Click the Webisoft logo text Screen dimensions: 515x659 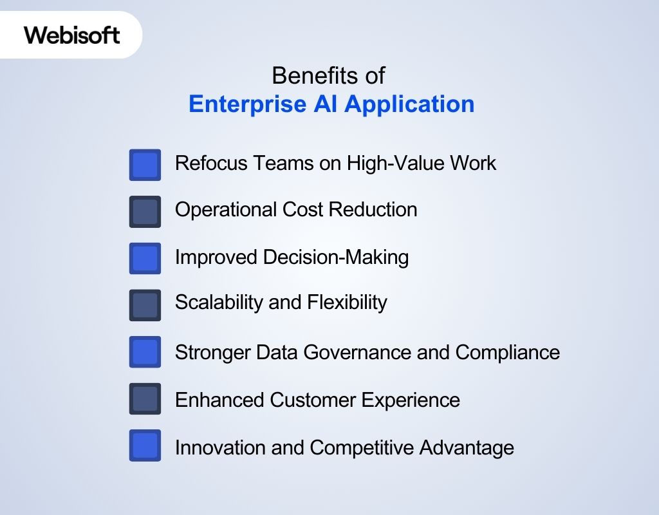[x=72, y=35]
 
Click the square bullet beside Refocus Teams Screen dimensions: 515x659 [x=145, y=165]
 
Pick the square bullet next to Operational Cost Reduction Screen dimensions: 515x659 [x=145, y=212]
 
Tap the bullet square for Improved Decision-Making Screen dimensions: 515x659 [x=145, y=258]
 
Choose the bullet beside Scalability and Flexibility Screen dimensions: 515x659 [x=145, y=305]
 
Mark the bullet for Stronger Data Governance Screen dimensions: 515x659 [x=145, y=352]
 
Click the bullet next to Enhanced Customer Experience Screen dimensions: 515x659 [x=145, y=399]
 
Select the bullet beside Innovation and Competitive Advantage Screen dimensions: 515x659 [x=145, y=445]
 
